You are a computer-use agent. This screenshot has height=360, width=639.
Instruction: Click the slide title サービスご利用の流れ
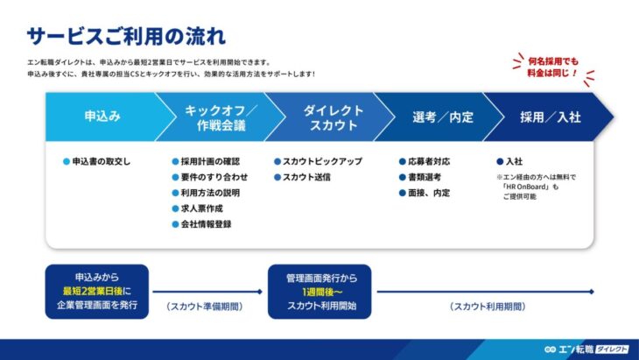[x=126, y=36]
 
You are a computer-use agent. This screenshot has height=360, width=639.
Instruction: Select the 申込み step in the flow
[x=102, y=116]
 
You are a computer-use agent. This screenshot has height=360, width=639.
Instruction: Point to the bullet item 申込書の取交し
[x=101, y=161]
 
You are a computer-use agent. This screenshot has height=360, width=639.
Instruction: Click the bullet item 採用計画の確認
[x=209, y=161]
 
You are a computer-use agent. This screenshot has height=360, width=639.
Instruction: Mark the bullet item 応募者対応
[x=426, y=161]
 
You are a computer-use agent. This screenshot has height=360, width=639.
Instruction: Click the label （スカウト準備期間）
[x=204, y=307]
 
